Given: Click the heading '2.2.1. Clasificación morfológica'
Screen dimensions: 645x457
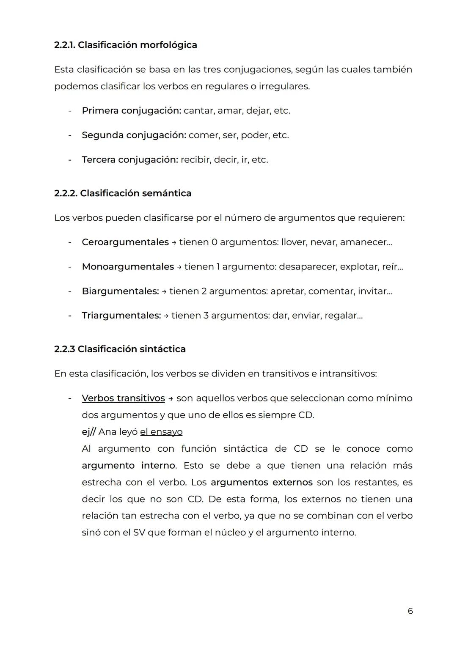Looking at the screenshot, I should coord(125,45).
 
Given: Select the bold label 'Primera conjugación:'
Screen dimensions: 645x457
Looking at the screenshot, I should coord(131,111).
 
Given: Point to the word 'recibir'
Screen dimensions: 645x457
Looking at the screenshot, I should coord(195,160).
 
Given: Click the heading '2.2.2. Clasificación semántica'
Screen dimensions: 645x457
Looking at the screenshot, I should coord(123,193).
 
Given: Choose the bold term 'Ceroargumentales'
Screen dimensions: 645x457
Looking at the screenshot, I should coord(125,242).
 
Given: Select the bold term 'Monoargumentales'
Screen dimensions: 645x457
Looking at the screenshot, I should coord(127,267).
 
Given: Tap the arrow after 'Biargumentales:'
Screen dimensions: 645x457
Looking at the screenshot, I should coord(164,291).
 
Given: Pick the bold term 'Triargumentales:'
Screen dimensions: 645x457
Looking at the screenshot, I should coord(121,316).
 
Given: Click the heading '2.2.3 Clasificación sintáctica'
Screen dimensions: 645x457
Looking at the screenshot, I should coord(120,349).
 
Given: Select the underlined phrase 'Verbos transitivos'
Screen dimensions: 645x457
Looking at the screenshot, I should coord(123,398).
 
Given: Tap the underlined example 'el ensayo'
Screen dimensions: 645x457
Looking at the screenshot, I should coord(161,432).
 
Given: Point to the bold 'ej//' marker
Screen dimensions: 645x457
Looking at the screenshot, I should coord(88,432).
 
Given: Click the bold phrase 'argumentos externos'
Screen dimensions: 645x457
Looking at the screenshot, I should coord(262,482).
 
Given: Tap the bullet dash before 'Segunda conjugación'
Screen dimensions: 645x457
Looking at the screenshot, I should coord(69,135).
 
